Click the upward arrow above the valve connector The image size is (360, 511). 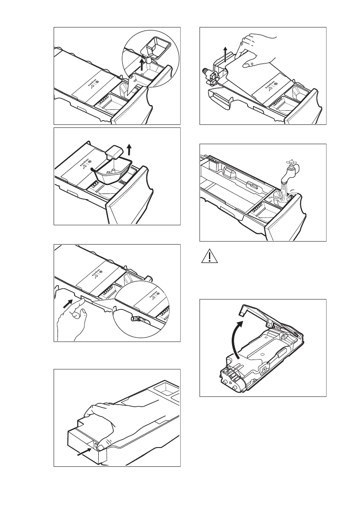(226, 54)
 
